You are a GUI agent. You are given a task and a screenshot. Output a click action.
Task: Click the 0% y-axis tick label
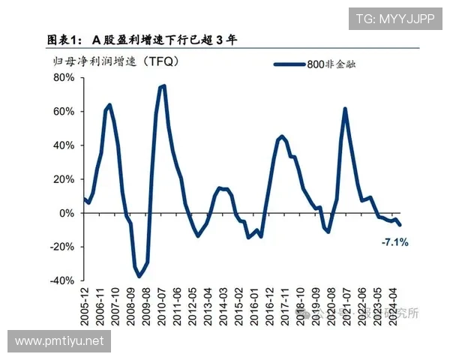67,212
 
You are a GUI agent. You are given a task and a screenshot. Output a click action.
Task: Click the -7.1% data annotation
394,242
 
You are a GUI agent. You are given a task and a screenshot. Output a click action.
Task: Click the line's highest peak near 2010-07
163,85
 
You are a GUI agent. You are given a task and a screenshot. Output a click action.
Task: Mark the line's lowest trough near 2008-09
139,277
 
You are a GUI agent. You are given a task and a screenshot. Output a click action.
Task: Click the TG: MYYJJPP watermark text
394,18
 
